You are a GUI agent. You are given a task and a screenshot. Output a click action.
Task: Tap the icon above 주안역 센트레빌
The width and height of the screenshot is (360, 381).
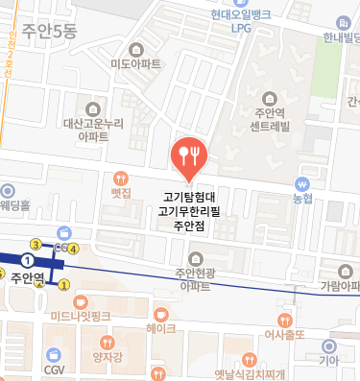point(266,96)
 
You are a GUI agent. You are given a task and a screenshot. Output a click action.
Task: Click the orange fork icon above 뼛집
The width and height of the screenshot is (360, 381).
point(120,178)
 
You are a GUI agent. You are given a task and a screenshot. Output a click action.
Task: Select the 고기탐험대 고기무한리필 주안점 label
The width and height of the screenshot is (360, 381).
point(189,211)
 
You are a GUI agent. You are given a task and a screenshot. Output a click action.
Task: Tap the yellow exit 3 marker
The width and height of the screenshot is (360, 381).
point(36,244)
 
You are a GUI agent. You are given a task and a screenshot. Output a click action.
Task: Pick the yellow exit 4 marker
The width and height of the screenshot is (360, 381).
point(73,250)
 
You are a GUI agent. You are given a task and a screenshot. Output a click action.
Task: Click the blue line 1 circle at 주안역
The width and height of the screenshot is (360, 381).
point(28,260)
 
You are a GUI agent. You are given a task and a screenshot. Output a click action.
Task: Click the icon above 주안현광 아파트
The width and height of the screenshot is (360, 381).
point(196,259)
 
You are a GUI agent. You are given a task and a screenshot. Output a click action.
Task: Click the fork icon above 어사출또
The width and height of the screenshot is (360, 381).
point(284,319)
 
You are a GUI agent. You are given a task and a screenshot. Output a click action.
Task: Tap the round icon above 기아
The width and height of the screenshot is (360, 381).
point(329,345)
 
